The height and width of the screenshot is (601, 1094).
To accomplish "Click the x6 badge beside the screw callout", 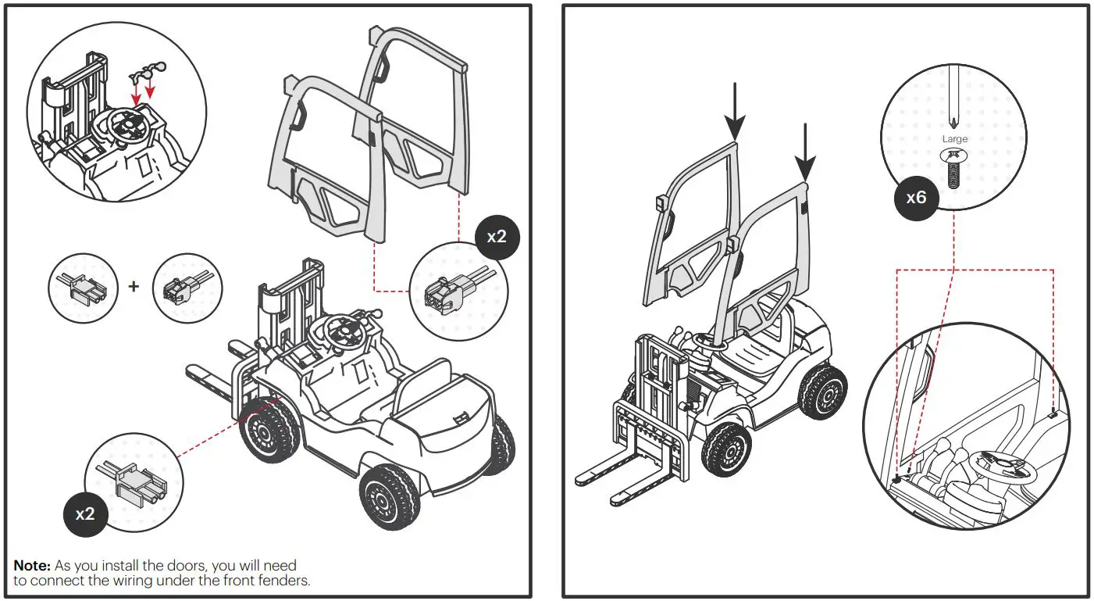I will click(x=916, y=198).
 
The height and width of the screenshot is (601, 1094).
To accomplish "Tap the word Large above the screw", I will click(x=954, y=139).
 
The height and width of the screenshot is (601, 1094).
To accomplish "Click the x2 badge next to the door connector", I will click(x=497, y=235).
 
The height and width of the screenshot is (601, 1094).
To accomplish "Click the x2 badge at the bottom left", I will click(x=85, y=513).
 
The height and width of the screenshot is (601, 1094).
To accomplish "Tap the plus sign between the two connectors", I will click(x=134, y=286).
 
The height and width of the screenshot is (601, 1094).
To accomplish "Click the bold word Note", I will click(x=32, y=565).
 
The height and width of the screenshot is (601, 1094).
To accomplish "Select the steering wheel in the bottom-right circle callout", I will click(x=1000, y=469).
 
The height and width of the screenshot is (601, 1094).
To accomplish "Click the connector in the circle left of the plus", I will click(x=83, y=288).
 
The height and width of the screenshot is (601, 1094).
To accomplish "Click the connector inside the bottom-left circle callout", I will click(x=133, y=481).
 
